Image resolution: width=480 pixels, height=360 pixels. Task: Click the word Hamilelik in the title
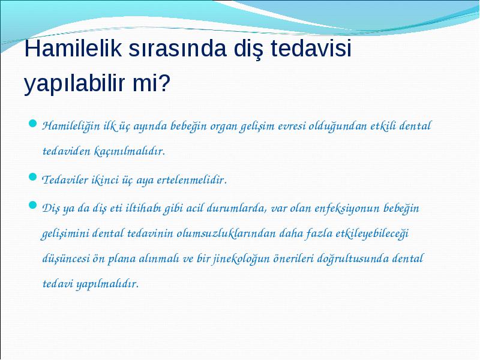(73, 48)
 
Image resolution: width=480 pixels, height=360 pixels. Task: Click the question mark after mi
(164, 83)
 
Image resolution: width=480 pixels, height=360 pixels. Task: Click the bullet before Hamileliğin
(33, 124)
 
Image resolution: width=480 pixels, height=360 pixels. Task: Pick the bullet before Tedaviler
(33, 177)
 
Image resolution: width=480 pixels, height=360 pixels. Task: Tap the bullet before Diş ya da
(33, 205)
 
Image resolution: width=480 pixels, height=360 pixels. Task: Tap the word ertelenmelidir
(192, 179)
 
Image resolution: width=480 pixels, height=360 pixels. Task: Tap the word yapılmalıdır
(107, 284)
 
